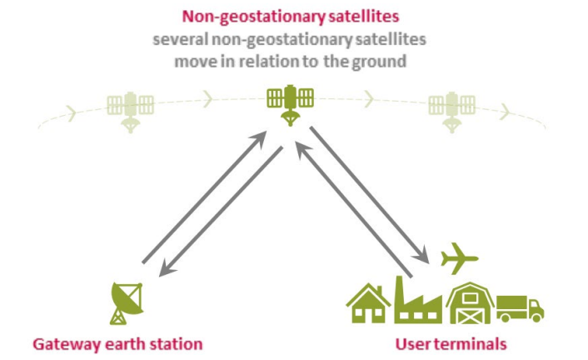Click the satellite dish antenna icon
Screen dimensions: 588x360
click(x=127, y=302)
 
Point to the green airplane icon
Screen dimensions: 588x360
click(x=459, y=257)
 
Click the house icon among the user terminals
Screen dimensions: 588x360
click(x=368, y=303)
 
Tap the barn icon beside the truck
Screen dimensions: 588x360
click(x=471, y=303)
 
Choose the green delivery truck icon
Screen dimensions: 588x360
click(x=521, y=309)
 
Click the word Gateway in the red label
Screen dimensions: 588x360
click(x=65, y=345)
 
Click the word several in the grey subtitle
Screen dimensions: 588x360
click(x=180, y=39)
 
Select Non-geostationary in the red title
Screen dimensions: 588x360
click(x=253, y=17)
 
